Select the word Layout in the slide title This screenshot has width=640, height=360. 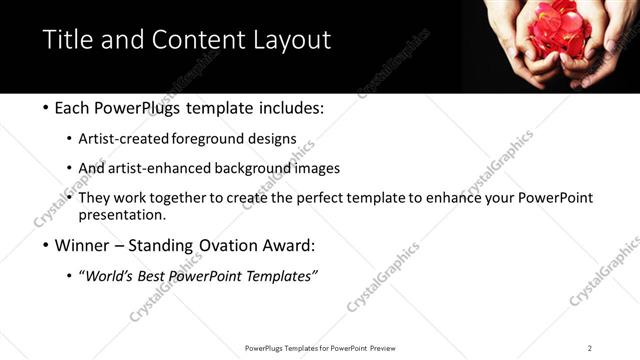pyautogui.click(x=291, y=40)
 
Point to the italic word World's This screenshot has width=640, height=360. pyautogui.click(x=112, y=276)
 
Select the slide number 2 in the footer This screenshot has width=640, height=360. pyautogui.click(x=590, y=348)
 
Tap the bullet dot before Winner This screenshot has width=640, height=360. pyautogui.click(x=47, y=245)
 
